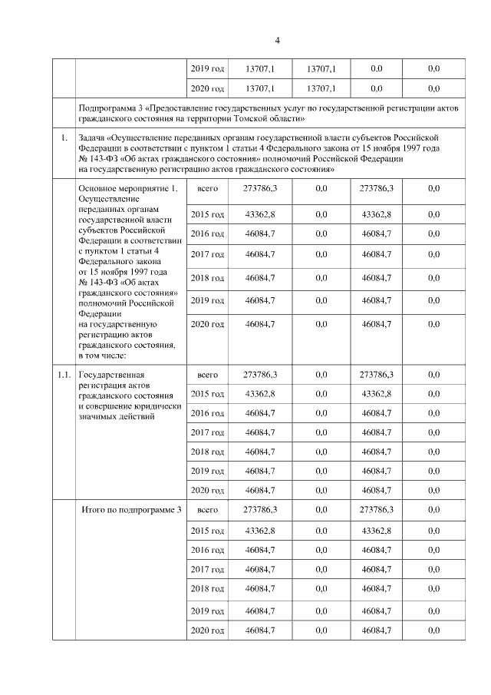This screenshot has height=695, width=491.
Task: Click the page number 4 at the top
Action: click(278, 41)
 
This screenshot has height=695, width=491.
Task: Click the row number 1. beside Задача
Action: click(64, 138)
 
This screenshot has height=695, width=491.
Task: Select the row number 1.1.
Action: click(64, 374)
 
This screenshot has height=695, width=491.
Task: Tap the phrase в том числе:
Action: click(106, 355)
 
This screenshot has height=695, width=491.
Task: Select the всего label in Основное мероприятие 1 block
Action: click(209, 188)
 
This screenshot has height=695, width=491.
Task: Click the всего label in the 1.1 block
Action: click(208, 375)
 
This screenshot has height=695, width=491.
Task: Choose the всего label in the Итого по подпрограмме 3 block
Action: click(208, 510)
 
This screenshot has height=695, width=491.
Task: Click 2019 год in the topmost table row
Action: click(207, 69)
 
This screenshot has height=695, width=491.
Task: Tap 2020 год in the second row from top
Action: click(207, 89)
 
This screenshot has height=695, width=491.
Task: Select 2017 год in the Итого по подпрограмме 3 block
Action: click(207, 569)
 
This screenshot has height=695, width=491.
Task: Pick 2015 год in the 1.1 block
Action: click(207, 394)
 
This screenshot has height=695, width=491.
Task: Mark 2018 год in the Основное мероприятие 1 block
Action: click(207, 278)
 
